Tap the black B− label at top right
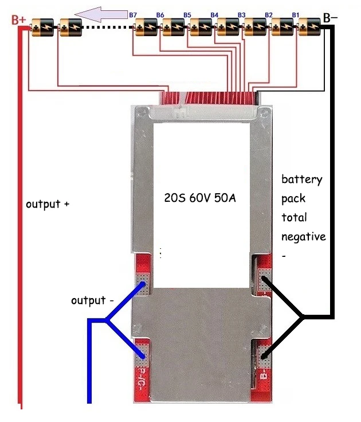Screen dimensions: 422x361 coord(331,18)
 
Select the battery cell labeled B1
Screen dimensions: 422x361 coord(311,26)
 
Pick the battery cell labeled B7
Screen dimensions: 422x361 coord(145,26)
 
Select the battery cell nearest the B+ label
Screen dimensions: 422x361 coord(42,26)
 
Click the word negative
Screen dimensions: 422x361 coord(303,236)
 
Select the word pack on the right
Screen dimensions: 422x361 coord(293,198)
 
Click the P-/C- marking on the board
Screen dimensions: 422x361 coord(141,380)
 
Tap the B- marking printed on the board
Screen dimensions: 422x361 coord(263,377)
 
